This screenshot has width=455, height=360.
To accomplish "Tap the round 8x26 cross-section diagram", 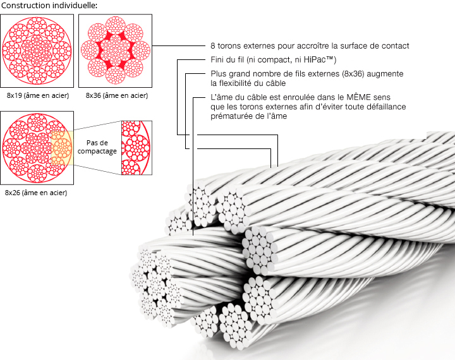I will pos(38,148).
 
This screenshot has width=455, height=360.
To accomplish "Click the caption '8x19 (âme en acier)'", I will pos(37,95).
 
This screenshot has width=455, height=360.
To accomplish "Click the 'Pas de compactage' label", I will pos(97,148).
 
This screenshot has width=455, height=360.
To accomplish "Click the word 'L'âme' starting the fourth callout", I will pos(221,99).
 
